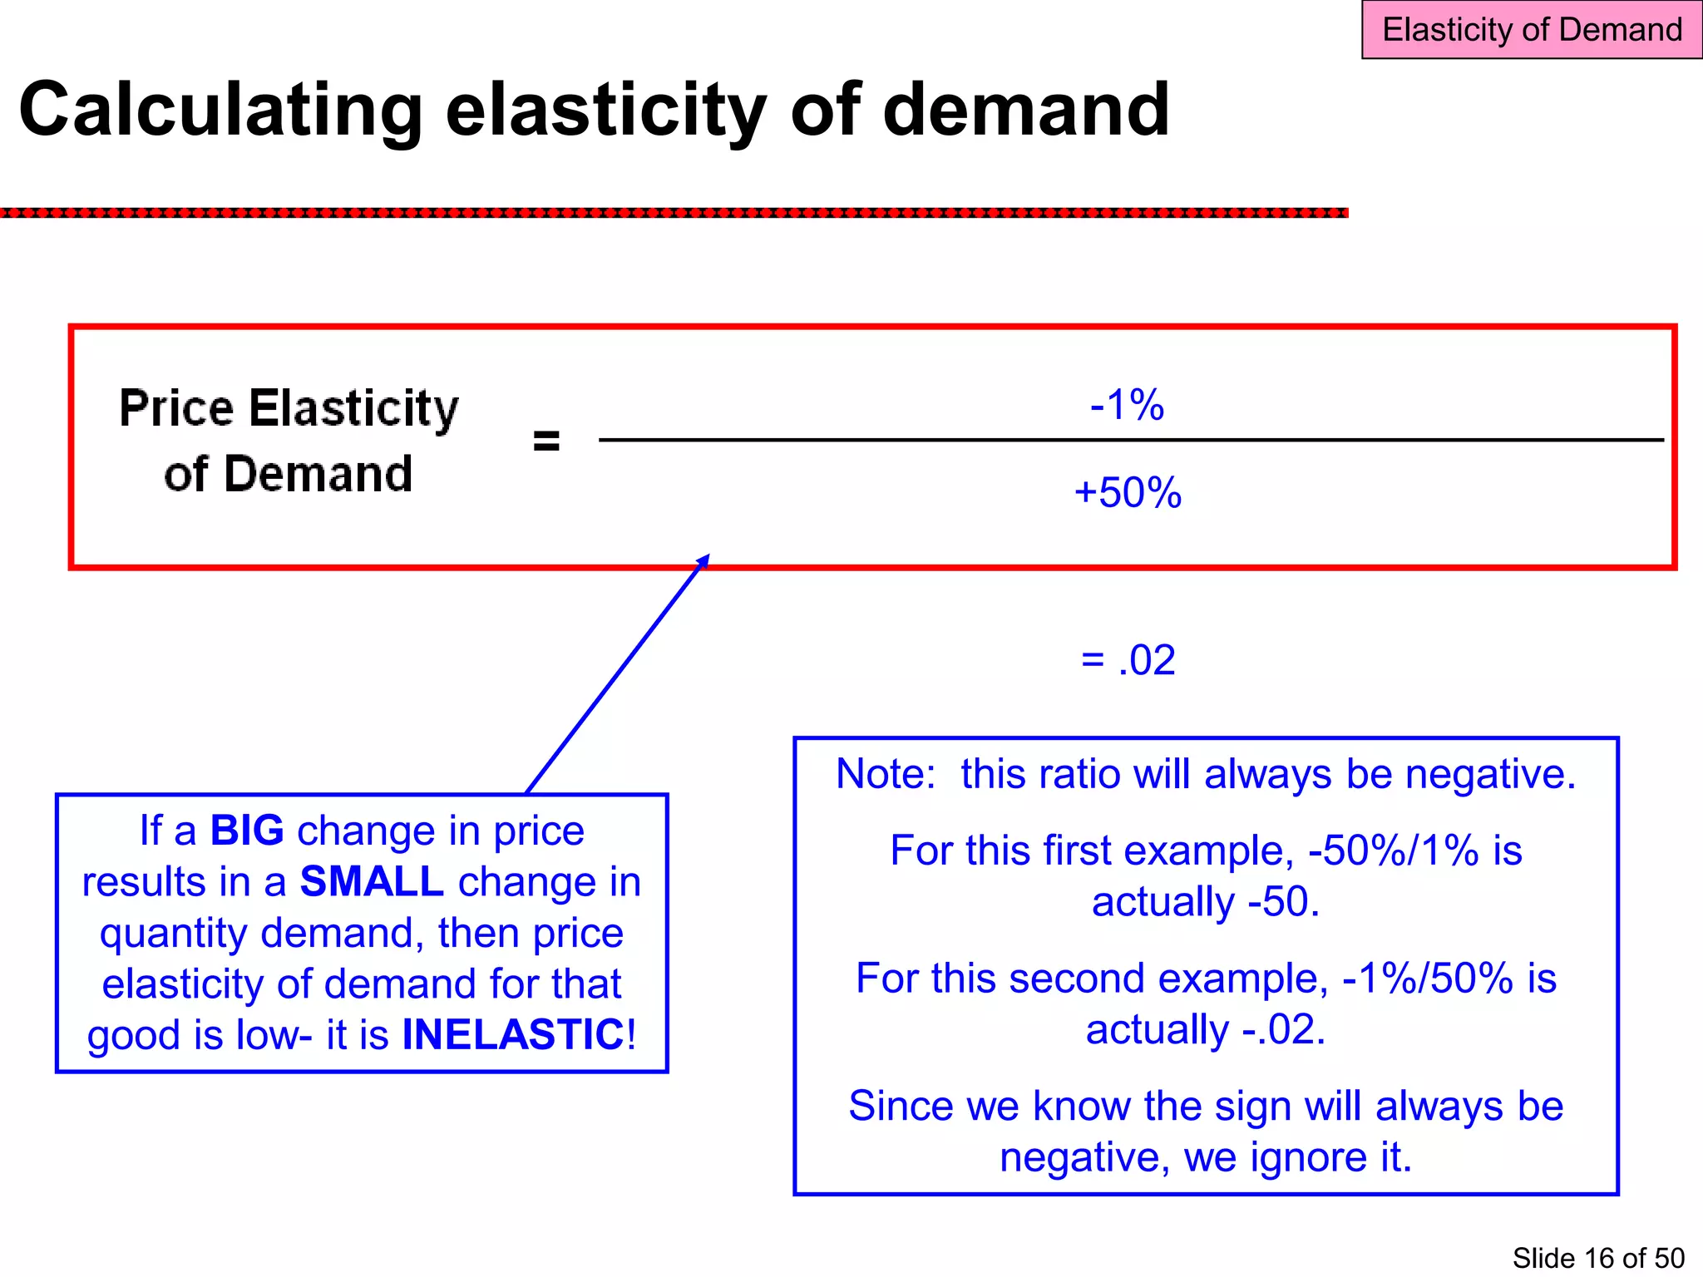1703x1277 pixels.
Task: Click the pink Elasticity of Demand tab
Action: (1531, 30)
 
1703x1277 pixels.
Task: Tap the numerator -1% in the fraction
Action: (1127, 405)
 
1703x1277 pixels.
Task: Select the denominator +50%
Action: (1128, 492)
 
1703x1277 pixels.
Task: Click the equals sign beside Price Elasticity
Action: (546, 440)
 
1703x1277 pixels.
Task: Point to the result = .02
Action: (1128, 660)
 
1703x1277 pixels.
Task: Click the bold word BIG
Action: (247, 831)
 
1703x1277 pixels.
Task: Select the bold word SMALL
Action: (372, 881)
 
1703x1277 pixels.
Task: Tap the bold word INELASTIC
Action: (513, 1035)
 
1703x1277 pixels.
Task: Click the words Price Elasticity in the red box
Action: (289, 408)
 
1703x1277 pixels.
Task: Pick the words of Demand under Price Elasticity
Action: (289, 475)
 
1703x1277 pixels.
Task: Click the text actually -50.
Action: (1206, 902)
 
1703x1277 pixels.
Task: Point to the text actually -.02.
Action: (1206, 1030)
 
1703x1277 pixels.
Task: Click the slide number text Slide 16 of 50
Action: (1597, 1258)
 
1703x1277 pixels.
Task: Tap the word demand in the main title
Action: (1025, 110)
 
